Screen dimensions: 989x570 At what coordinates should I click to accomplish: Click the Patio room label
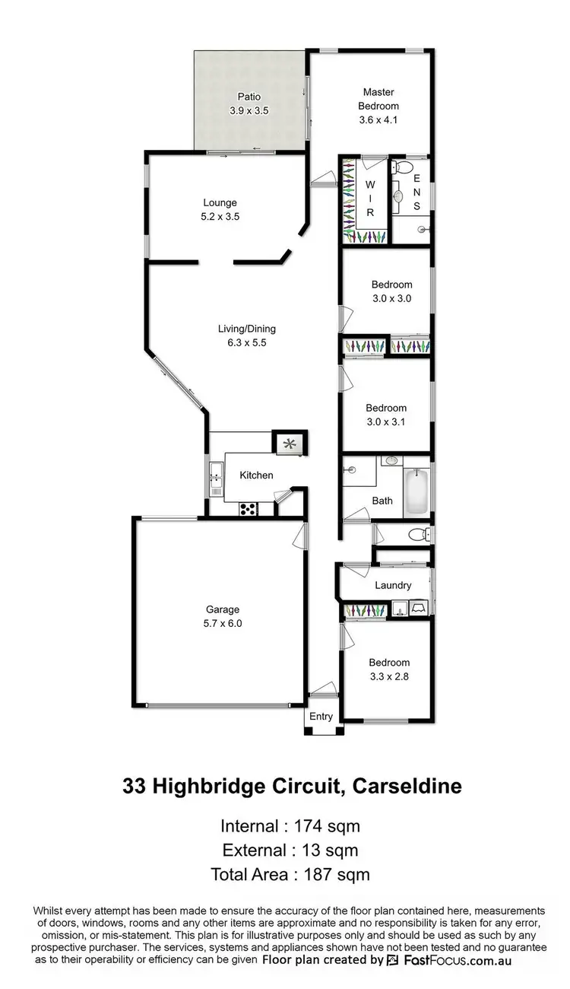[x=249, y=97]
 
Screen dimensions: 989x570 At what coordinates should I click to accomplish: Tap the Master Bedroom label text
[x=378, y=99]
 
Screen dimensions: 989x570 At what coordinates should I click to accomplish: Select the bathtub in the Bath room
[x=416, y=492]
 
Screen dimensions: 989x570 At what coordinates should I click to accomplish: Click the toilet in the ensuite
[x=403, y=167]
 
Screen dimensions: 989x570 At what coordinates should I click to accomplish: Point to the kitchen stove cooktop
[x=248, y=510]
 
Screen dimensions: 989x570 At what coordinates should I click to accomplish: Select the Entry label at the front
[x=321, y=716]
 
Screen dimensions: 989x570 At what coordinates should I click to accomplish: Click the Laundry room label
[x=393, y=585]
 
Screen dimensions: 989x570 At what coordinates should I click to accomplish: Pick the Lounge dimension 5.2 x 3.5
[x=220, y=216]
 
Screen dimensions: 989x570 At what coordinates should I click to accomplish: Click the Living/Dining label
[x=247, y=329]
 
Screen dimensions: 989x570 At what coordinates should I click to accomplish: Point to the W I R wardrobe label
[x=371, y=199]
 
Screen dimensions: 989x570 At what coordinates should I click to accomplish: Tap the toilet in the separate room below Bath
[x=419, y=535]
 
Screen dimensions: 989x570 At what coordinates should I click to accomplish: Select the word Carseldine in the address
[x=407, y=786]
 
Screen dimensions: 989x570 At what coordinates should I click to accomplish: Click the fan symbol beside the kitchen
[x=289, y=444]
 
